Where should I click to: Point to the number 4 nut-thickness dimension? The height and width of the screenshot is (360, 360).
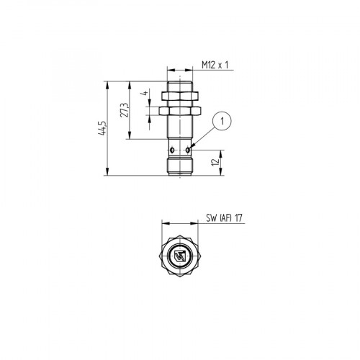coord(144,93)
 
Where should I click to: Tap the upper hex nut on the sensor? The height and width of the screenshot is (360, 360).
coord(179,95)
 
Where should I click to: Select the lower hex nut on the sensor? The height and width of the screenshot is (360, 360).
coord(179,112)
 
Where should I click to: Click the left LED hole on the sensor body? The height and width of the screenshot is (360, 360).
coord(171,150)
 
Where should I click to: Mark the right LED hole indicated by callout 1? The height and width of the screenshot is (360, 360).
coord(188,150)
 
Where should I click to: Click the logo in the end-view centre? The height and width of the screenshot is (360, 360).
coord(180,256)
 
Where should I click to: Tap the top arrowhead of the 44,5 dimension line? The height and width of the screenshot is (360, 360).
coord(108,84)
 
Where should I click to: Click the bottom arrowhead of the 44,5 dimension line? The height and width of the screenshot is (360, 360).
coord(108,173)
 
